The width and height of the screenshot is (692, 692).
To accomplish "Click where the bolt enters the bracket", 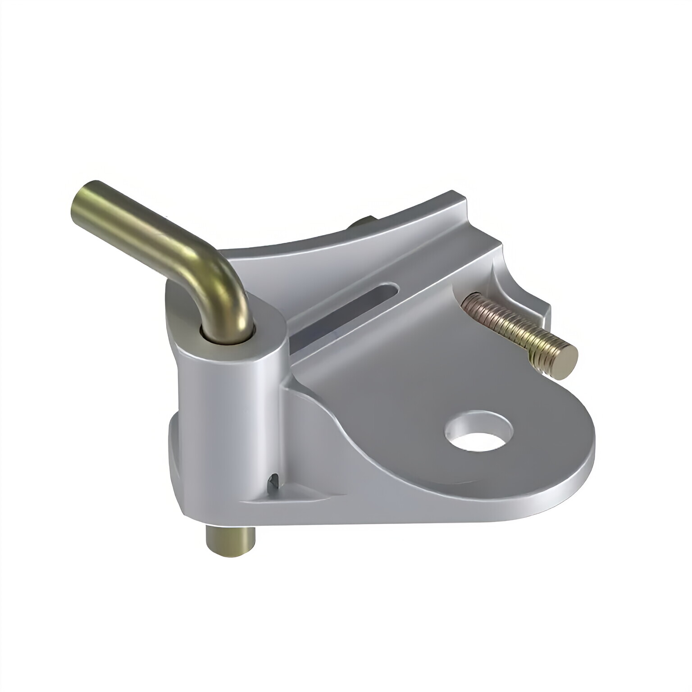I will [x=466, y=300].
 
